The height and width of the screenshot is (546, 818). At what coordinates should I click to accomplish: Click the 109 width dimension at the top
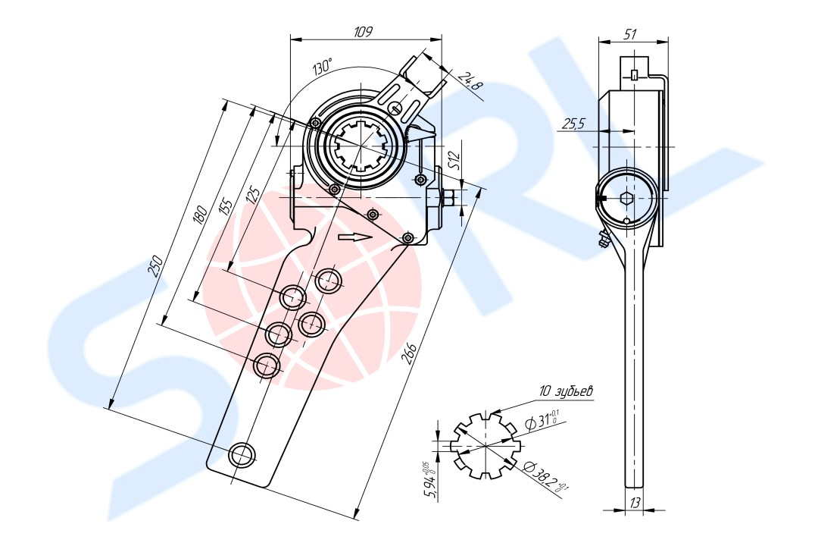coord(363,32)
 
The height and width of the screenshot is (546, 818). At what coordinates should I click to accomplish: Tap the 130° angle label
coord(323,67)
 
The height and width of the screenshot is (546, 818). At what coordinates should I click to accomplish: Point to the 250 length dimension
coord(155,265)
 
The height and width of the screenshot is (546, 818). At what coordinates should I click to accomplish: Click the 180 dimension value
coord(200,214)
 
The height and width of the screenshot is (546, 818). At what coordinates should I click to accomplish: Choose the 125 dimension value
coord(252,194)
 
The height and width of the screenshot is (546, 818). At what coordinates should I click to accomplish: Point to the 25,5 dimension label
coord(574,124)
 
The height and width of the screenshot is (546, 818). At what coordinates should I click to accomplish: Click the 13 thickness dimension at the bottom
coord(635,503)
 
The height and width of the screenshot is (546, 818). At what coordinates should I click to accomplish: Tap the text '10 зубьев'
coord(567,391)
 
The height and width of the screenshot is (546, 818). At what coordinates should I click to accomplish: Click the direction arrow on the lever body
coord(354,237)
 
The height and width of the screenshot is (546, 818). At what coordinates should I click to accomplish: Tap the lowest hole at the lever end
coord(243,454)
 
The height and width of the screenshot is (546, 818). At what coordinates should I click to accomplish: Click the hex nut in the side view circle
coord(626,198)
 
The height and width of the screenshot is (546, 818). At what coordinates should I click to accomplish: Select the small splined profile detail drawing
coord(486,446)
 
